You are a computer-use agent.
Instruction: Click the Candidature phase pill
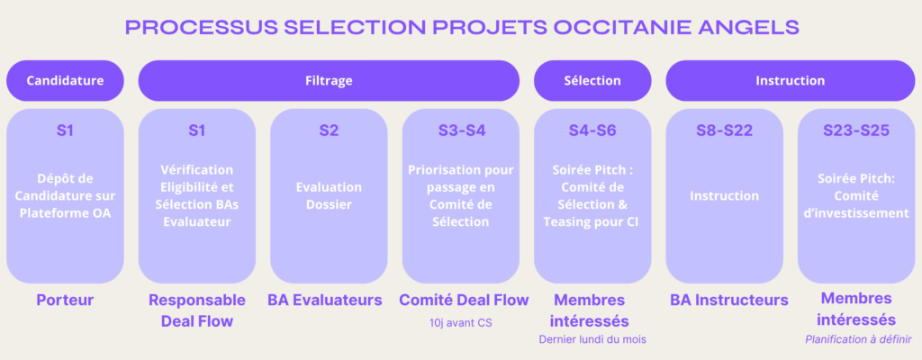click(65, 81)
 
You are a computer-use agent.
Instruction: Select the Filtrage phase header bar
click(329, 81)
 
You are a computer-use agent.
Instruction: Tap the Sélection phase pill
click(592, 81)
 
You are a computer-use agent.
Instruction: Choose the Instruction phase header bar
click(791, 81)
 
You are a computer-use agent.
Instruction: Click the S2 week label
click(329, 130)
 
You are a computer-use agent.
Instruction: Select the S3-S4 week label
click(461, 130)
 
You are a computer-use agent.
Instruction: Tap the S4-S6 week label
click(592, 130)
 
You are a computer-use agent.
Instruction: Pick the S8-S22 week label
click(725, 130)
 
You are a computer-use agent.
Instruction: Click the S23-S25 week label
click(856, 130)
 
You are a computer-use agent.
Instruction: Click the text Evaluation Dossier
click(329, 196)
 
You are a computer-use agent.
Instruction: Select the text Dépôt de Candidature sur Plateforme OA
click(65, 196)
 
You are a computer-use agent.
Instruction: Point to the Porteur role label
click(65, 300)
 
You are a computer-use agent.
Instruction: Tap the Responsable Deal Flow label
click(197, 310)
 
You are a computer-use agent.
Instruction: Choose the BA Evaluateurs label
click(325, 300)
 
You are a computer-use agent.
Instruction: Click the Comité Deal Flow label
click(464, 300)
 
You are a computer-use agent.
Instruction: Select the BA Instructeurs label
click(729, 300)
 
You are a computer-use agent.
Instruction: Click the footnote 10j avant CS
click(461, 322)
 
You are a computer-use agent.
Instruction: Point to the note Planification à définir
click(858, 339)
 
